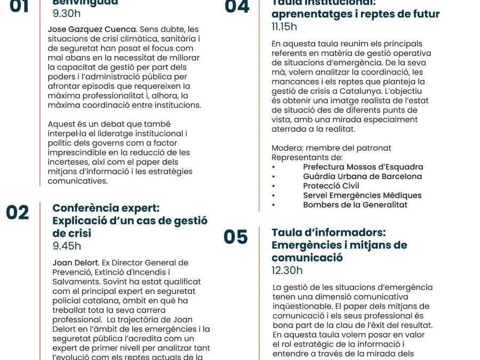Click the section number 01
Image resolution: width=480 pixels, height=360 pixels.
pos(20,6)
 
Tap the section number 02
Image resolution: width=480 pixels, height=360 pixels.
pos(18,212)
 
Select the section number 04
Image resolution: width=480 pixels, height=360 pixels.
pos(237,6)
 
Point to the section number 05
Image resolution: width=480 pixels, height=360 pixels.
pos(236,237)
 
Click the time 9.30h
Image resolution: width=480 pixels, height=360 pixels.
pos(67,14)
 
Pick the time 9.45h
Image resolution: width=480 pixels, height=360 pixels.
pos(67,246)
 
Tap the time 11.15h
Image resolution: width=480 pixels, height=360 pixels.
pos(284,27)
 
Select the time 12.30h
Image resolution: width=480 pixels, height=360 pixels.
pos(287,270)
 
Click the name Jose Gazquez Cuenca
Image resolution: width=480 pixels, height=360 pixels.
pos(92,29)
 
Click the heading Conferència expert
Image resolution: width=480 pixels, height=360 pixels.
pos(106,208)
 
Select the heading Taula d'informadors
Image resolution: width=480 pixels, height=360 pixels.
pos(329,233)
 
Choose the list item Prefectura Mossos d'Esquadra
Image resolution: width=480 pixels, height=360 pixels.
pos(363,167)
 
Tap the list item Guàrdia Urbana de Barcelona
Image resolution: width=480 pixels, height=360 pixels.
pos(362,177)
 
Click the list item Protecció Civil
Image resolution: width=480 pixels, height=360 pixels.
pos(331,186)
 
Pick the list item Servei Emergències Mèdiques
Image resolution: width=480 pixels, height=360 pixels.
pos(362,195)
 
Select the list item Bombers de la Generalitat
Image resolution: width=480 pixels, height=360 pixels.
pos(355,205)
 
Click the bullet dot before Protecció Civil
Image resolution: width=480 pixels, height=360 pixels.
pos(274,187)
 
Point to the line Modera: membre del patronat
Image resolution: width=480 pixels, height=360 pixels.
pos(331,148)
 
